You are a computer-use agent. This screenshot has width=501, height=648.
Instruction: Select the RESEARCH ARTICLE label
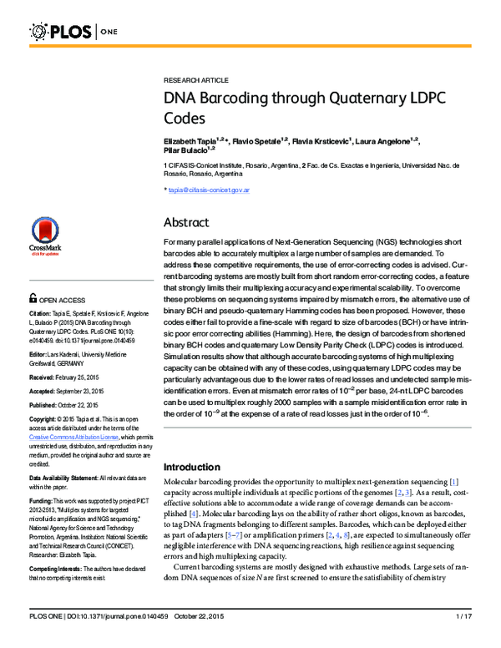pos(195,79)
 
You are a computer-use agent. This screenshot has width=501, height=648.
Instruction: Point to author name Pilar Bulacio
pos(186,151)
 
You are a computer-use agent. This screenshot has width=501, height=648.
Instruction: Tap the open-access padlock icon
pos(33,298)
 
